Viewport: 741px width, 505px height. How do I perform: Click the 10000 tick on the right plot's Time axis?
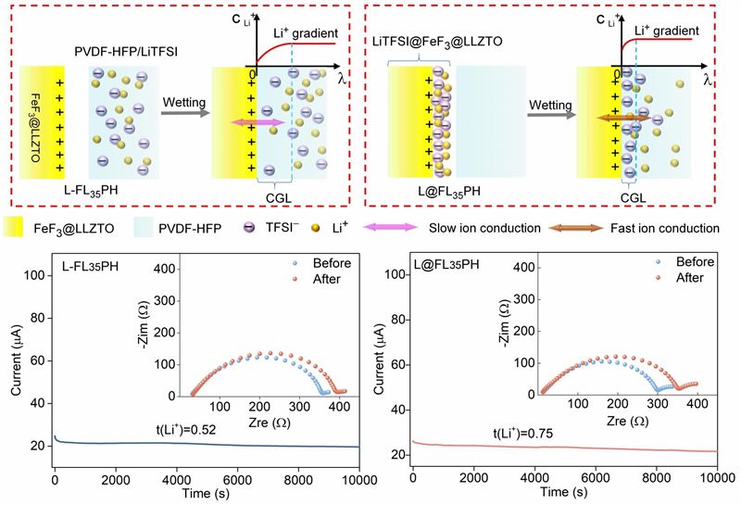coord(716,477)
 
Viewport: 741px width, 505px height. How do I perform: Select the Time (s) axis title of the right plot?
coord(564,493)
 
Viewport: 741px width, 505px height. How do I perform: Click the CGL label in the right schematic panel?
coord(632,196)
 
